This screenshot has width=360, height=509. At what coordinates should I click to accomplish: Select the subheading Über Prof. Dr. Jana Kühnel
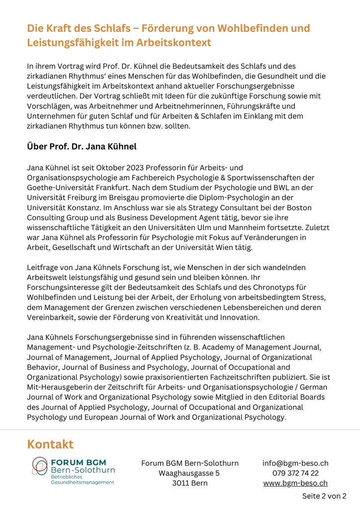(x=82, y=147)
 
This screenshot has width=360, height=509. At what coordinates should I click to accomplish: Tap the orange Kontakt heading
(x=50, y=444)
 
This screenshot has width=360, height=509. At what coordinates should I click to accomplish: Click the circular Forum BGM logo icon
(x=40, y=467)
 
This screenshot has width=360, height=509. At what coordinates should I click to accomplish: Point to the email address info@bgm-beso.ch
(x=295, y=463)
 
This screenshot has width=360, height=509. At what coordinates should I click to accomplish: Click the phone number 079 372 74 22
(x=295, y=473)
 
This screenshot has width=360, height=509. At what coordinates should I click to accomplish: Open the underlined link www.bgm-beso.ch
(x=295, y=483)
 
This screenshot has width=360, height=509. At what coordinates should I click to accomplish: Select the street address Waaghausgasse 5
(x=189, y=473)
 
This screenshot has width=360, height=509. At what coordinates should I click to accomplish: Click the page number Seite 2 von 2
(x=324, y=496)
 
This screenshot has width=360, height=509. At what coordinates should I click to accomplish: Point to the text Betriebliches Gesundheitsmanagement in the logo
(x=82, y=479)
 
